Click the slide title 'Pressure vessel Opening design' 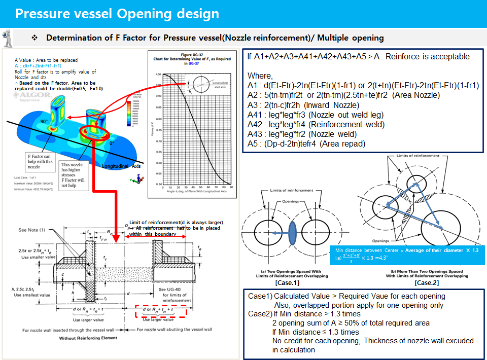tap(117, 13)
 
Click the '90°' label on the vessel tap(44, 122)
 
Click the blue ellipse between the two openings tap(292, 240)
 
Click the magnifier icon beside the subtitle tap(8, 37)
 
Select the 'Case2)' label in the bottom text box tap(260, 314)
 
